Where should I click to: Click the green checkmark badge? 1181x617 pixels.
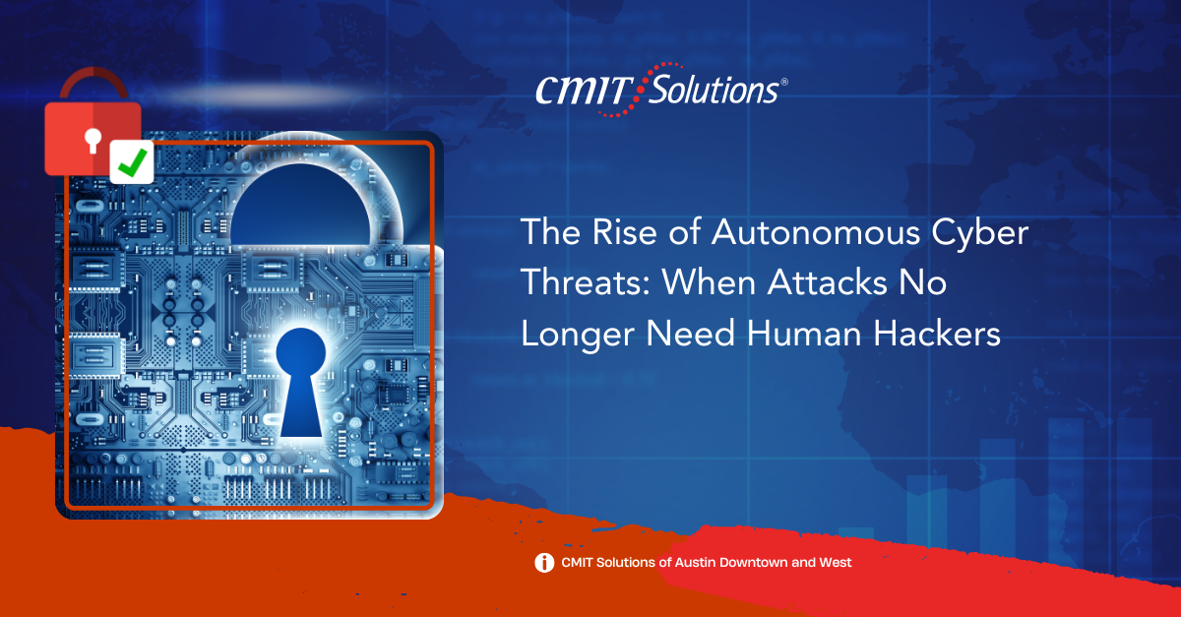[x=132, y=162]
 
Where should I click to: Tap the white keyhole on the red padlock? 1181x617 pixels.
[x=93, y=141]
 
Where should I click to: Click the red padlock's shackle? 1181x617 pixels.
[x=93, y=85]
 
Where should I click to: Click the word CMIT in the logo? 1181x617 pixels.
[x=585, y=91]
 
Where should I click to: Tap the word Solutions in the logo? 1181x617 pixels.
[x=714, y=89]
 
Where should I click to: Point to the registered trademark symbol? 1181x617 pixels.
[x=784, y=82]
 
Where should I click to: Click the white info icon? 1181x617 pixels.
[x=544, y=563]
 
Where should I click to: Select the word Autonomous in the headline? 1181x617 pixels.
[x=816, y=232]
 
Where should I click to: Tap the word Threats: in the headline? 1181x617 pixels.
[x=586, y=282]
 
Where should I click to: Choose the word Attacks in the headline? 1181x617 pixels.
[x=828, y=282]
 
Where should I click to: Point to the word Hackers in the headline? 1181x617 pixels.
[x=937, y=334]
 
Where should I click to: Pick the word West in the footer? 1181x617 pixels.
[x=836, y=562]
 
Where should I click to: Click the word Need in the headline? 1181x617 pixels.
[x=690, y=334]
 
